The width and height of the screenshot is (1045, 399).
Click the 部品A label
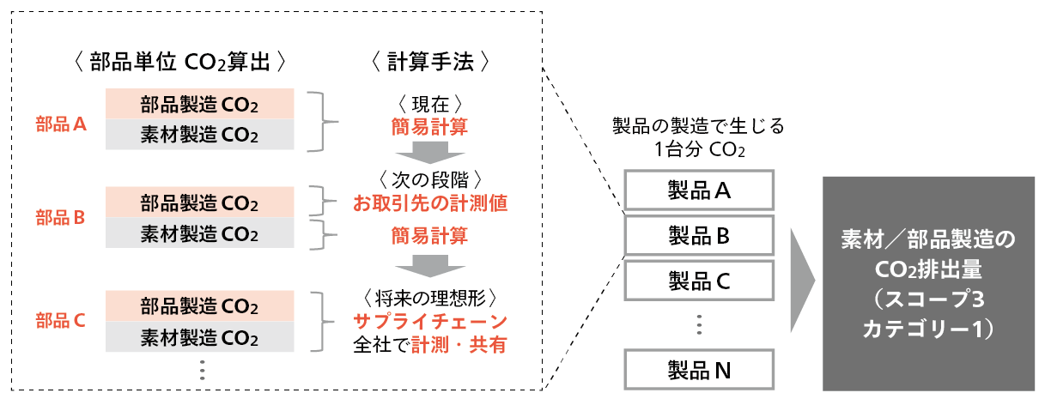point(61,124)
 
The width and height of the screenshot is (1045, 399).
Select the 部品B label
point(61,218)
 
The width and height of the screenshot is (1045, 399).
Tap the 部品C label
point(61,321)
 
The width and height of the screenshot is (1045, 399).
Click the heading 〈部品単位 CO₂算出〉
point(179,62)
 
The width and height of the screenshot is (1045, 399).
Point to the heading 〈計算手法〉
point(430,62)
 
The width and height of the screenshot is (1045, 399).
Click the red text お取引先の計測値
point(430,203)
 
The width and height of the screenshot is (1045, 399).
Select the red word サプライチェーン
point(430,321)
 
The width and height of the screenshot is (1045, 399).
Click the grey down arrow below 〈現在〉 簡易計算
point(430,153)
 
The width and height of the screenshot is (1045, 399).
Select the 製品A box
point(699,190)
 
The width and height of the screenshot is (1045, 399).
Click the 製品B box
point(699,234)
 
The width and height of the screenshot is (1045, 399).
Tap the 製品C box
point(699,279)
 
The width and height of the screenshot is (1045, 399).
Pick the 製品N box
point(699,370)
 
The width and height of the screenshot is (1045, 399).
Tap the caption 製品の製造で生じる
point(698,126)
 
